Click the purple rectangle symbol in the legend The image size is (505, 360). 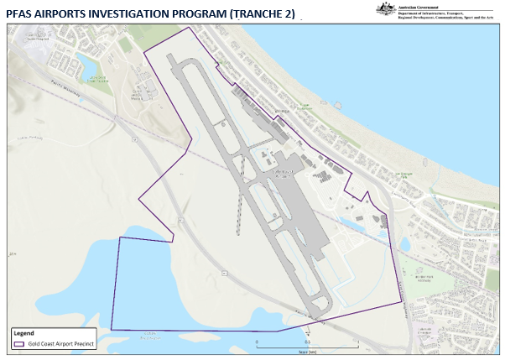pos(18,343)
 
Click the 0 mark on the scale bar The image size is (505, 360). pos(258,342)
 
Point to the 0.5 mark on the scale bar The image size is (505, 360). pos(308,342)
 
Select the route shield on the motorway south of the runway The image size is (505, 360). pos(224,274)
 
